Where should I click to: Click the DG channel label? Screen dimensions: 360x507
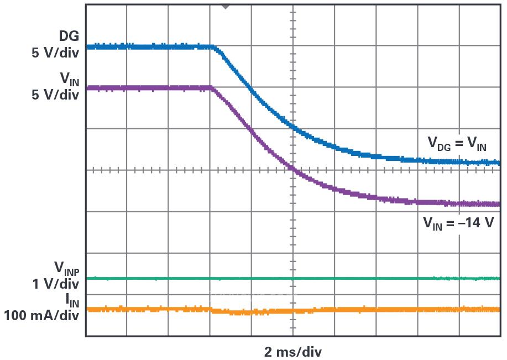tap(69, 36)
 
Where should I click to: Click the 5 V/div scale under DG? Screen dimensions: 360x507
tap(55, 54)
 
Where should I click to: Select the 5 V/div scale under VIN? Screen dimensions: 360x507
tap(55, 95)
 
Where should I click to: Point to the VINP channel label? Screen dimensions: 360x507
tap(66, 268)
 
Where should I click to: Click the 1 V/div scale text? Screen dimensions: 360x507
tap(55, 284)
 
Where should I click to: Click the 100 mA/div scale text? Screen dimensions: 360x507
tap(41, 316)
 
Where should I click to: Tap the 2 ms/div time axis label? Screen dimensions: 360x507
tap(292, 352)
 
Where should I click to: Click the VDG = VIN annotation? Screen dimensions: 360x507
tap(457, 143)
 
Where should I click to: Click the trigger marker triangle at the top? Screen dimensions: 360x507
tap(225, 6)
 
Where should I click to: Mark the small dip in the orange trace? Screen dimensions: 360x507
tap(238, 312)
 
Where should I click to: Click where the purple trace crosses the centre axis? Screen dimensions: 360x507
tap(291, 170)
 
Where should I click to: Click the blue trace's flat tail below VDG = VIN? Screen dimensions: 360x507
tap(464, 161)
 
